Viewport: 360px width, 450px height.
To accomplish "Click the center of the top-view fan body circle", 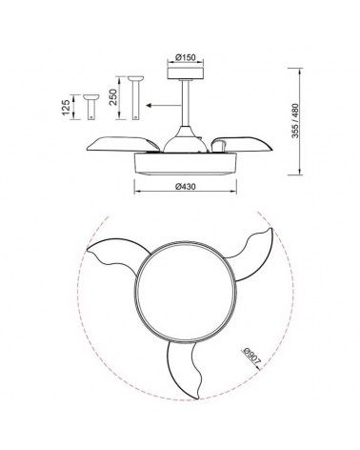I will (x=184, y=293).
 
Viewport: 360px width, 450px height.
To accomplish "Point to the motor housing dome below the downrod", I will (x=187, y=136).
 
